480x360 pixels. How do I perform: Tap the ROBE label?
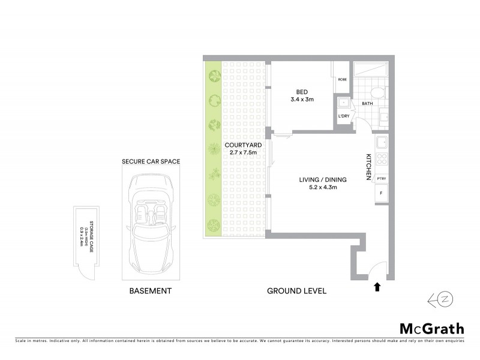(x=343, y=79)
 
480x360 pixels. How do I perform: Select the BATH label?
(x=367, y=103)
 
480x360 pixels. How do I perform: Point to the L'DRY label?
(x=344, y=116)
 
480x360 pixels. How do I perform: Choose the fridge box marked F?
(x=380, y=193)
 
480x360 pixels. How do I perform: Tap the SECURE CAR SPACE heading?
(x=151, y=161)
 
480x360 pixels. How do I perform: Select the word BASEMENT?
(x=151, y=291)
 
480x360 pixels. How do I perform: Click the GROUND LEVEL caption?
(x=296, y=291)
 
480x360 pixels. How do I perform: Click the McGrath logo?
(x=432, y=328)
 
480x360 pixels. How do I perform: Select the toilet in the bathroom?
(x=377, y=92)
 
